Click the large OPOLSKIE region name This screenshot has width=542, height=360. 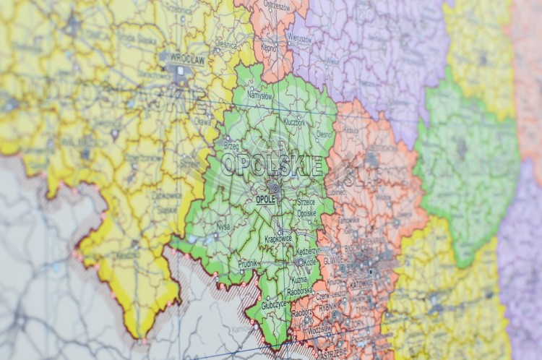click(271, 165)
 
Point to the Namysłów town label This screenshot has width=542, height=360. click(259, 95)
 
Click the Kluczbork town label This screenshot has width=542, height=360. click(294, 123)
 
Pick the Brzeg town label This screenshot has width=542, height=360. click(231, 145)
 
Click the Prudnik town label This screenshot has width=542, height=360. click(248, 263)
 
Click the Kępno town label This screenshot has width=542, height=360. click(269, 46)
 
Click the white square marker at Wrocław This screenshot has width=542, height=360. click(181, 71)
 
